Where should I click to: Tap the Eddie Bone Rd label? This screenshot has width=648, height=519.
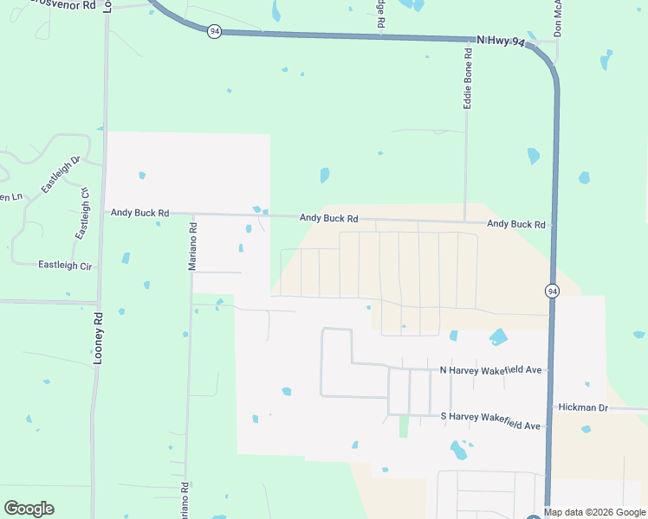tap(468, 78)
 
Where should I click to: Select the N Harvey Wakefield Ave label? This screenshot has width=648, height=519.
tap(490, 370)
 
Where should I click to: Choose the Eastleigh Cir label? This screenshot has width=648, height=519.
tap(65, 265)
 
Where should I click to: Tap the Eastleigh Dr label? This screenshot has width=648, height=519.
tap(60, 175)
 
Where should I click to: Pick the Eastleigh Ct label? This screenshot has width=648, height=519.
tap(83, 214)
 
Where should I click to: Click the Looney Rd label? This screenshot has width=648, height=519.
tap(99, 337)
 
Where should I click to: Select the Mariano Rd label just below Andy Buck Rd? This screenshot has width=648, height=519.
tap(194, 247)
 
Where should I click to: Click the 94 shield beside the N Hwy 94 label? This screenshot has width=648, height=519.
tap(214, 31)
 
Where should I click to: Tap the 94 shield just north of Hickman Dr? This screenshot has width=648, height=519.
tap(552, 292)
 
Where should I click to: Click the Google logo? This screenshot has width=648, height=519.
tap(29, 509)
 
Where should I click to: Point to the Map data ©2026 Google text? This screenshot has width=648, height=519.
tap(594, 512)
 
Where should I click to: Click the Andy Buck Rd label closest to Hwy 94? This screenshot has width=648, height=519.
tap(516, 224)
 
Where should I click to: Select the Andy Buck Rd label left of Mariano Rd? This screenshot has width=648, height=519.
tap(139, 212)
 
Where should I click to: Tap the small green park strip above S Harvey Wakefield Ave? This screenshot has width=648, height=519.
tap(403, 426)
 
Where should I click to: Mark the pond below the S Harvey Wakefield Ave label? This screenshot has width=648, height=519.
tap(458, 450)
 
